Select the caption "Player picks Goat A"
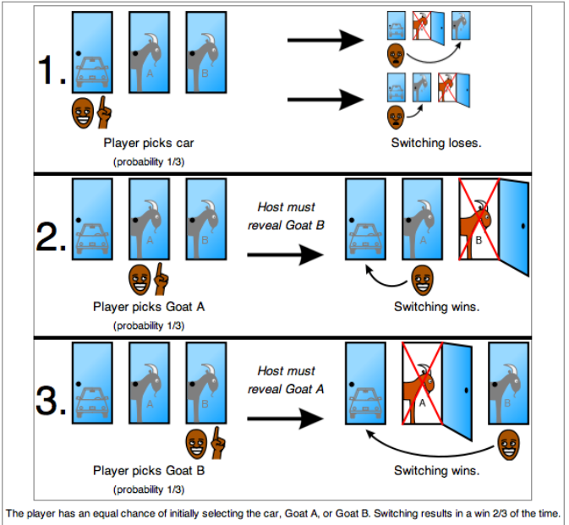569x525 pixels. [148, 307]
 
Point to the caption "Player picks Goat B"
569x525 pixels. [148, 471]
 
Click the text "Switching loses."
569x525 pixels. [436, 143]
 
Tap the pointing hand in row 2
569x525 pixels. [161, 278]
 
